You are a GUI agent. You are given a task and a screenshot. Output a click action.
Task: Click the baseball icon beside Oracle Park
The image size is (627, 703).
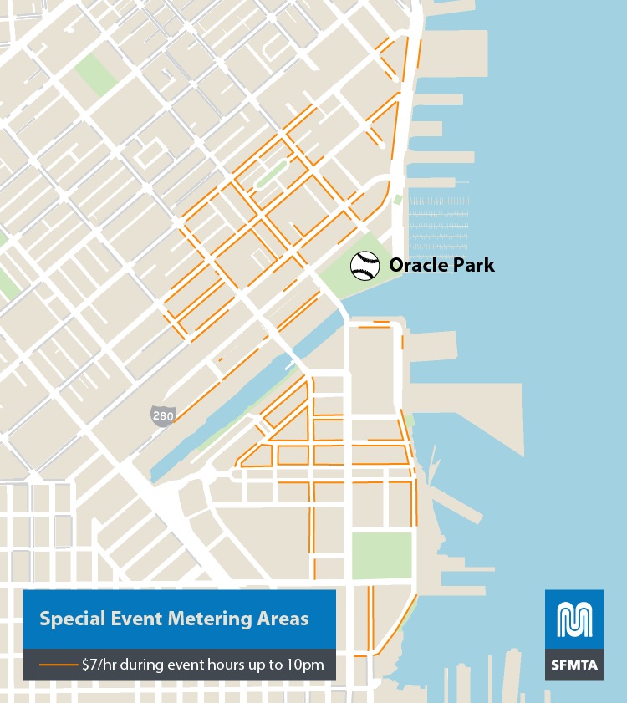point(364,266)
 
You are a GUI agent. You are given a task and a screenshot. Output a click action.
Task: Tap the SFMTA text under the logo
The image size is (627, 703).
point(573,665)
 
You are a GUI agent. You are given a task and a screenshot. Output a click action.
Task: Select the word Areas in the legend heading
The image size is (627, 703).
point(283,619)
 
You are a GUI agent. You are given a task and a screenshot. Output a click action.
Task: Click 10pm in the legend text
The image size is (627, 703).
point(316,666)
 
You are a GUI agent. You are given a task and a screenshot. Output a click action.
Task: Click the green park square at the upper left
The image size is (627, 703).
point(96,74)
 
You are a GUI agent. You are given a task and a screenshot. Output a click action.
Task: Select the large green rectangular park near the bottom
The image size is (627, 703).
point(381,555)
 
